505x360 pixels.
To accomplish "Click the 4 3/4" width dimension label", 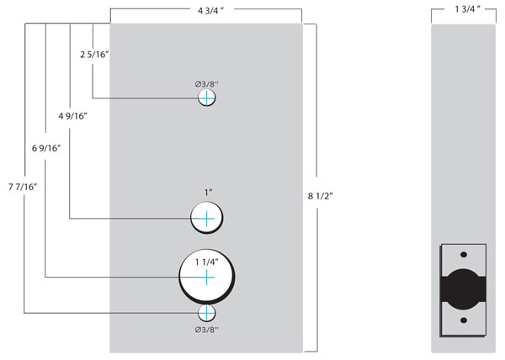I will [x=205, y=11].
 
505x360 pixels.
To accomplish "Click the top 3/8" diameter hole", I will [x=207, y=98].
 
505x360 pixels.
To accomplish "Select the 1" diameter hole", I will [x=207, y=220].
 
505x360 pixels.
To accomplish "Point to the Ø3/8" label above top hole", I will [x=207, y=83].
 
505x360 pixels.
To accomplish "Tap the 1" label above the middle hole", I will [x=207, y=193].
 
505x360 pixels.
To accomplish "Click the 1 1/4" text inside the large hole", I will [x=207, y=262].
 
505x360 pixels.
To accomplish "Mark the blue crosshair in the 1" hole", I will [x=207, y=220].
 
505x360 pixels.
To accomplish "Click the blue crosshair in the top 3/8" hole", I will [x=207, y=98].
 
